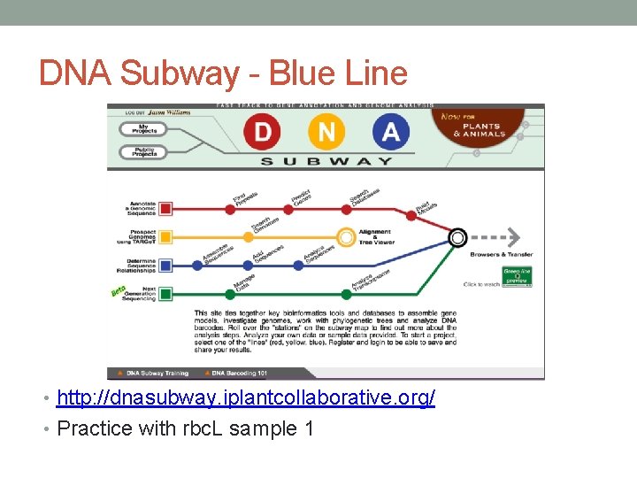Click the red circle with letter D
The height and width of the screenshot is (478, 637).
pos(263,133)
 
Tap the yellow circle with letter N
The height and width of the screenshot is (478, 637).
pos(326,133)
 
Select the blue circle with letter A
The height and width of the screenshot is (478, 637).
pos(390,133)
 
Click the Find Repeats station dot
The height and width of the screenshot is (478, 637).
pos(230,209)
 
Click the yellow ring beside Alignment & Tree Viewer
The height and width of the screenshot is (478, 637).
pos(346,237)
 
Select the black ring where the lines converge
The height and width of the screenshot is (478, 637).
pos(457,237)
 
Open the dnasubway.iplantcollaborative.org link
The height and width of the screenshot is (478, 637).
pos(246,398)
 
